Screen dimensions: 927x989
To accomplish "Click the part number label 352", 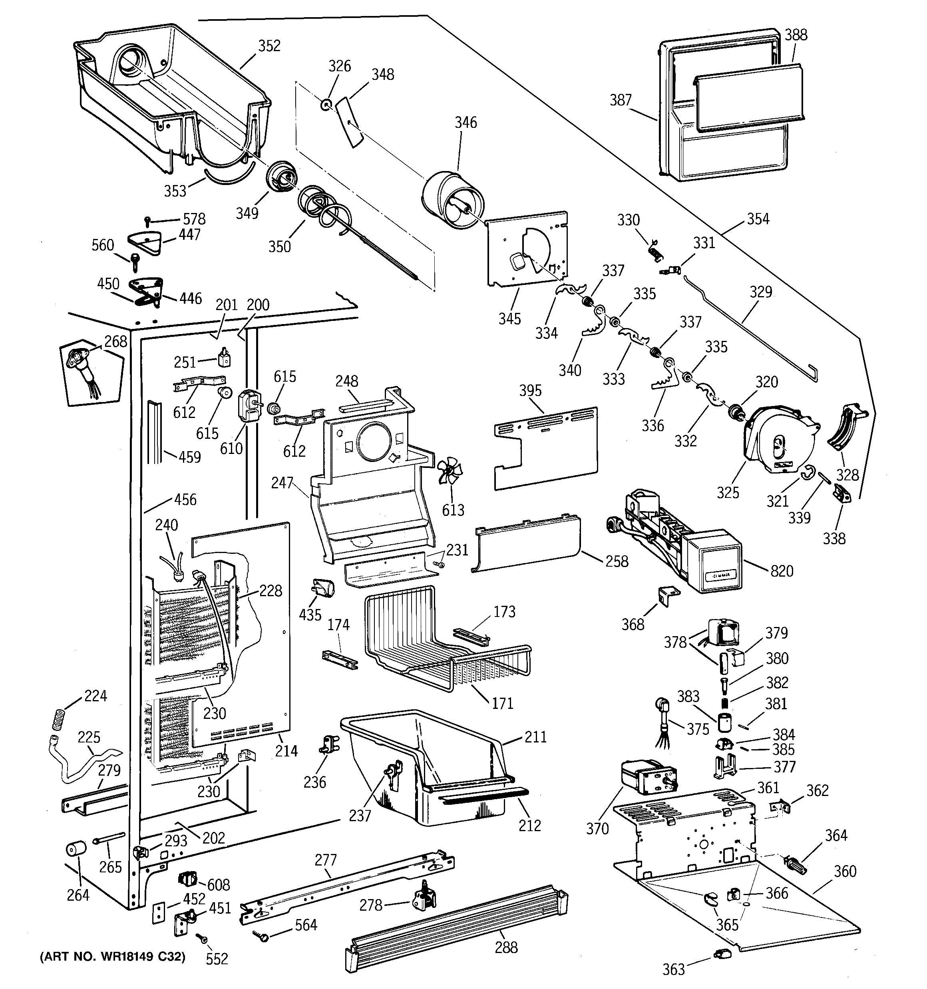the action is point(269,46).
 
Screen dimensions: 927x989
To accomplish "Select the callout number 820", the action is point(782,571).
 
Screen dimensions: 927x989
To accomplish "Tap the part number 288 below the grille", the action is point(506,947).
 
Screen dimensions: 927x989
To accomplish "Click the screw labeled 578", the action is point(148,220).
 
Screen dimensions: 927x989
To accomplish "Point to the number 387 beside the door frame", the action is point(621,100).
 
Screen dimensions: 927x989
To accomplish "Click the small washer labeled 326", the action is point(326,105).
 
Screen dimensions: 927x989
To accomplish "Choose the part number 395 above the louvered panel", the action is point(530,390).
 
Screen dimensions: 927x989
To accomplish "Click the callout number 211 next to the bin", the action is point(535,736).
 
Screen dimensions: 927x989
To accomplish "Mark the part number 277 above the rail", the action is point(326,860).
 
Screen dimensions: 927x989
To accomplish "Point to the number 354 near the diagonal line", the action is point(758,219).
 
